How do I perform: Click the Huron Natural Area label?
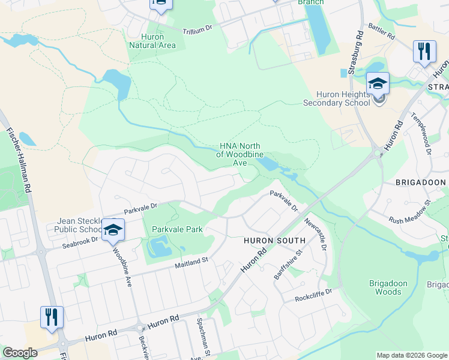[152, 40]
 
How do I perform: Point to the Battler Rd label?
[381, 32]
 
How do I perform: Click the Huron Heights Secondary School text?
[345, 98]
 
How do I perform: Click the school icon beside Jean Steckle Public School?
[112, 229]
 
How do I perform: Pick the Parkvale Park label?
[177, 229]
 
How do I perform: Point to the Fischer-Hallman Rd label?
[19, 159]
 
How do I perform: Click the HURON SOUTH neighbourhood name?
[274, 240]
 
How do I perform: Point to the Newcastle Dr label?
[315, 234]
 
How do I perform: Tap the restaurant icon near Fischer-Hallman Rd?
[52, 316]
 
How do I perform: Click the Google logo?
[20, 353]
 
